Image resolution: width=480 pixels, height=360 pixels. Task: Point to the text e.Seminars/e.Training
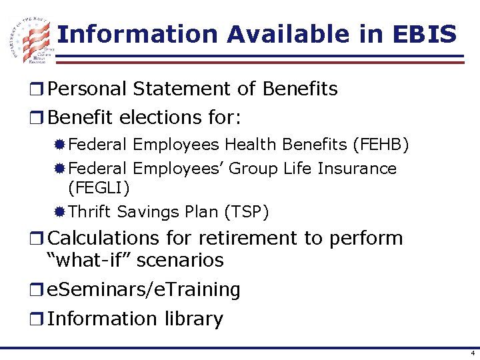tap(145, 289)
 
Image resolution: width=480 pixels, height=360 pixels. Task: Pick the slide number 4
tap(473, 353)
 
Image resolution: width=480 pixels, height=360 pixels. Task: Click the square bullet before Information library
tap(41, 319)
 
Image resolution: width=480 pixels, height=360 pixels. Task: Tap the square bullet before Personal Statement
tap(41, 89)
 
